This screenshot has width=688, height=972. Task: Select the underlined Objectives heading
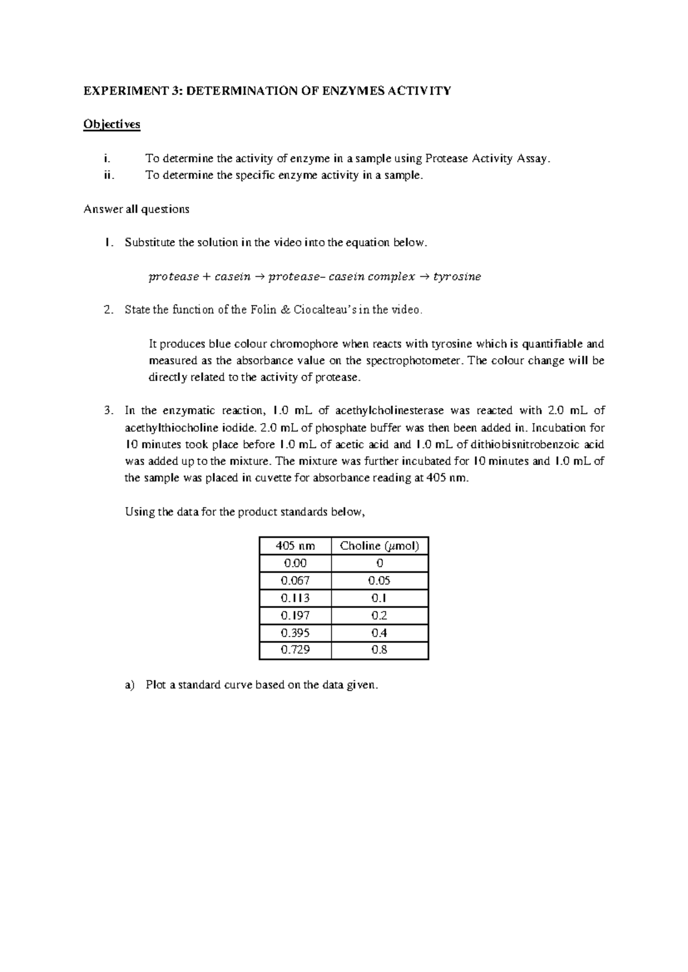[x=112, y=124]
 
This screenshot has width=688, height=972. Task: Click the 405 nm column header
[x=295, y=546]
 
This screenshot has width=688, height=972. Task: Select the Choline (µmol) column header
[x=380, y=546]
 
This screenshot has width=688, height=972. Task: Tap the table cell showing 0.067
[x=295, y=580]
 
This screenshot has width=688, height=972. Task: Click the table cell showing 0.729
[x=295, y=649]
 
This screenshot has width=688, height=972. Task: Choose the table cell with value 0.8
[x=380, y=649]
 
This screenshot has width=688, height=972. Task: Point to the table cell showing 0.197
[x=295, y=615]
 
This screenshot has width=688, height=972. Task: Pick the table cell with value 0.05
[x=380, y=580]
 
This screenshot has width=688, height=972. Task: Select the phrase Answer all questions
[x=136, y=209]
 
